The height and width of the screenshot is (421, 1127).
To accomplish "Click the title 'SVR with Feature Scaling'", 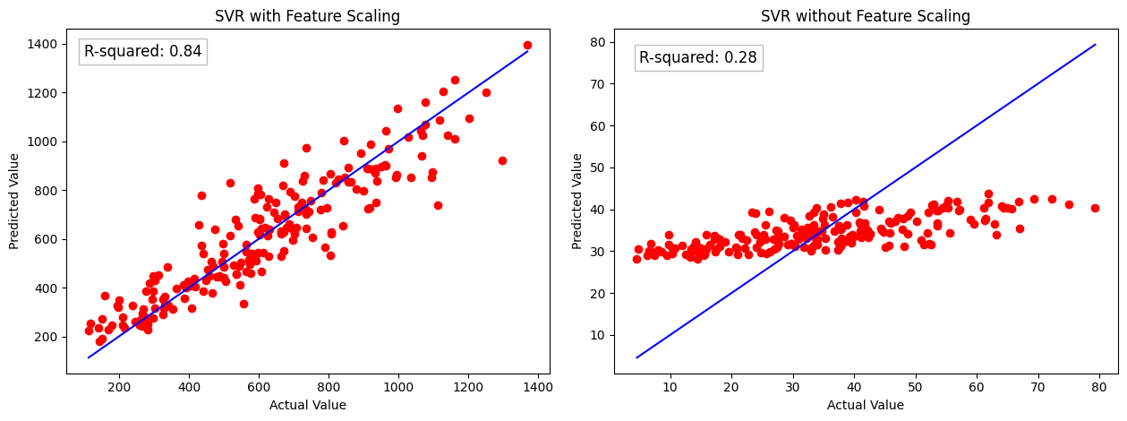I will pos(308,16).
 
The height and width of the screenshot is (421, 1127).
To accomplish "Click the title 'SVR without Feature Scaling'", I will pos(865,16).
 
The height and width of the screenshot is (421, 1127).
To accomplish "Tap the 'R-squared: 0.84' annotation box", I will pos(143,52).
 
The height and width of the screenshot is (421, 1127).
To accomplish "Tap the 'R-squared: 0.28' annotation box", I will pos(698,58).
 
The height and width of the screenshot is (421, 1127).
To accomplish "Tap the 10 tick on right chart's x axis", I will pos(670,387).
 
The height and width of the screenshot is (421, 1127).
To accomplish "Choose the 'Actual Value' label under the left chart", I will pos(308,405).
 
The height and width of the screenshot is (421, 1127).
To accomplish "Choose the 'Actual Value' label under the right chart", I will pos(865,405).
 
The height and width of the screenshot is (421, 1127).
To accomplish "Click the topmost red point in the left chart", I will pos(527,45).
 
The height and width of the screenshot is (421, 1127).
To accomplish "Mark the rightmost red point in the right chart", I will pos(1095,208).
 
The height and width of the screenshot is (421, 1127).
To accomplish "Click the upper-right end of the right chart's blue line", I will pos(1095,44).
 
